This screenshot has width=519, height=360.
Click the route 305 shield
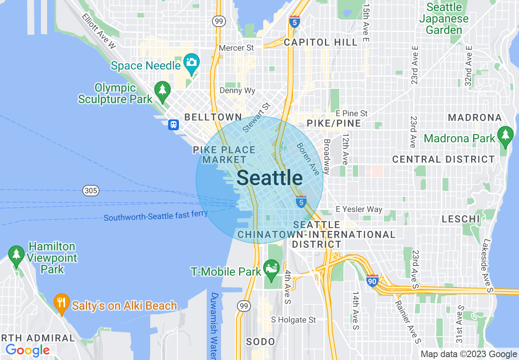(90, 190)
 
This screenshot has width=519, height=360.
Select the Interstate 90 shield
(372, 281)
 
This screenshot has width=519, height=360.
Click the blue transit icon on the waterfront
(174, 125)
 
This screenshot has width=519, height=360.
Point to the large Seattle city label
(270, 178)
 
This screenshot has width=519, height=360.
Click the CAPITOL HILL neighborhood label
(320, 42)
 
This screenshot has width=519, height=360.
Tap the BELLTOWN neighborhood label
(213, 117)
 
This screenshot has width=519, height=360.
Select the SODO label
(261, 342)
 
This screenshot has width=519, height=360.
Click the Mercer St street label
(237, 48)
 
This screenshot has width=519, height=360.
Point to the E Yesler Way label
(359, 209)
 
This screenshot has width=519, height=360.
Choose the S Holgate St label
(294, 320)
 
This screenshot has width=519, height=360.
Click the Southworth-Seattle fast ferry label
(156, 215)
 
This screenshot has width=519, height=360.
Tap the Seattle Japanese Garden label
(444, 19)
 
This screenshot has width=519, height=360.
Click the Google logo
(27, 350)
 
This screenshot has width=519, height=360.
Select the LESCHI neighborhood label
(460, 219)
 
